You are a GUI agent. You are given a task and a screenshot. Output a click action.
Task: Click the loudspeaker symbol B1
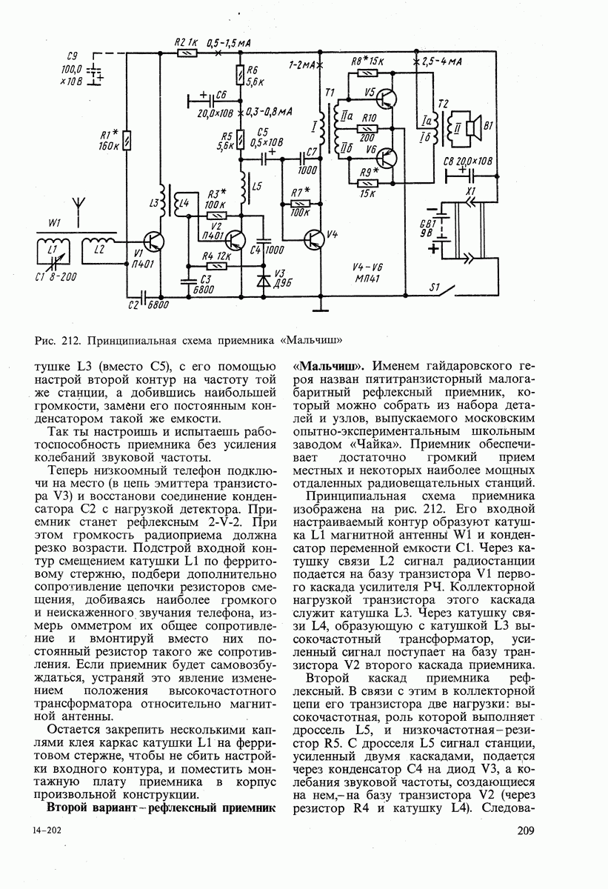477,124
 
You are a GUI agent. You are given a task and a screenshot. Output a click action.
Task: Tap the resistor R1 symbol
128,140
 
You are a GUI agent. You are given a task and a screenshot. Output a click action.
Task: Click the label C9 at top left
73,55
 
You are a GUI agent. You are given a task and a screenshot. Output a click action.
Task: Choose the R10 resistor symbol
367,127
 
